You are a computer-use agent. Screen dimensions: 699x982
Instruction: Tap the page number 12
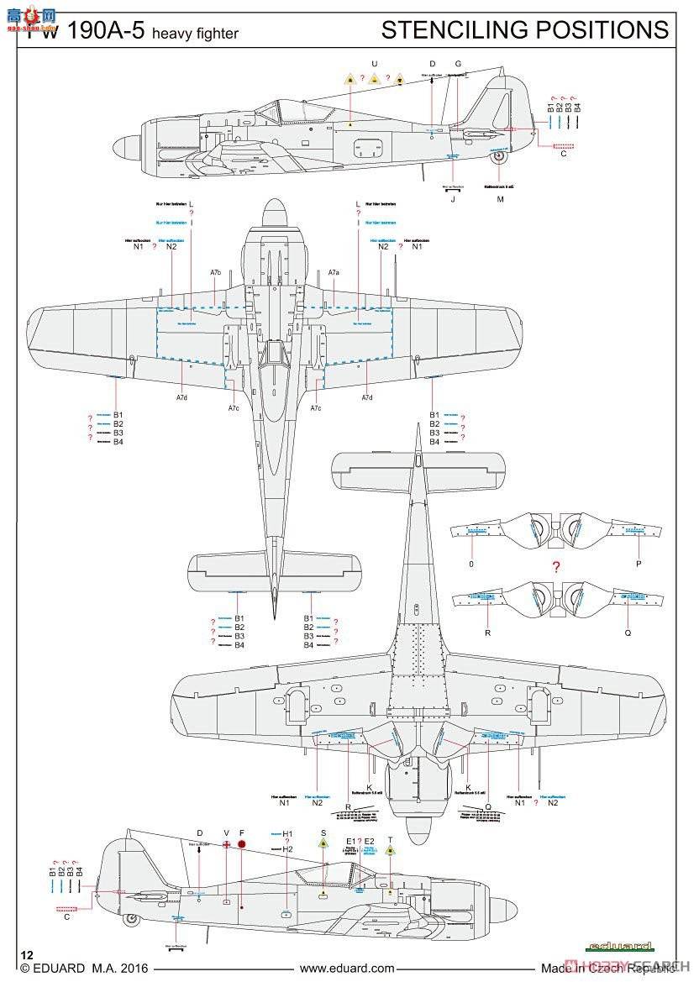(28, 955)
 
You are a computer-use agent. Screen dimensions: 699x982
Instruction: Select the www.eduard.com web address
(347, 969)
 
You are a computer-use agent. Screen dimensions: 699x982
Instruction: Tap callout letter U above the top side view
(375, 64)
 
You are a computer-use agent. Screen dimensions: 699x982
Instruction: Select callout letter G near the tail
(458, 64)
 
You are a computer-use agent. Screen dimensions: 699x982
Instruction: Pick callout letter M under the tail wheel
(500, 199)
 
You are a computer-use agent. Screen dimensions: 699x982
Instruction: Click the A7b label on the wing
(216, 273)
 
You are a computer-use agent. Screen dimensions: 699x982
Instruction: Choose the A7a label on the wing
(334, 273)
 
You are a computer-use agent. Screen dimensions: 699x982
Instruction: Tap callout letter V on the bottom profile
(227, 832)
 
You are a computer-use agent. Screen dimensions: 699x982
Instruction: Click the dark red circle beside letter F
(242, 844)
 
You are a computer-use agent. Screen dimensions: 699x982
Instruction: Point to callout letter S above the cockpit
(323, 832)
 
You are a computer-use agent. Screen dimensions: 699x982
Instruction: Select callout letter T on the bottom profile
(390, 839)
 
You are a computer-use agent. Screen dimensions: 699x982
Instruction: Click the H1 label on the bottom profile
(287, 833)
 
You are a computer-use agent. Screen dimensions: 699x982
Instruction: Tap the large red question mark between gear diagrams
(555, 567)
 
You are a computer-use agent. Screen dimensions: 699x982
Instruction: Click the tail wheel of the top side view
(499, 155)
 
